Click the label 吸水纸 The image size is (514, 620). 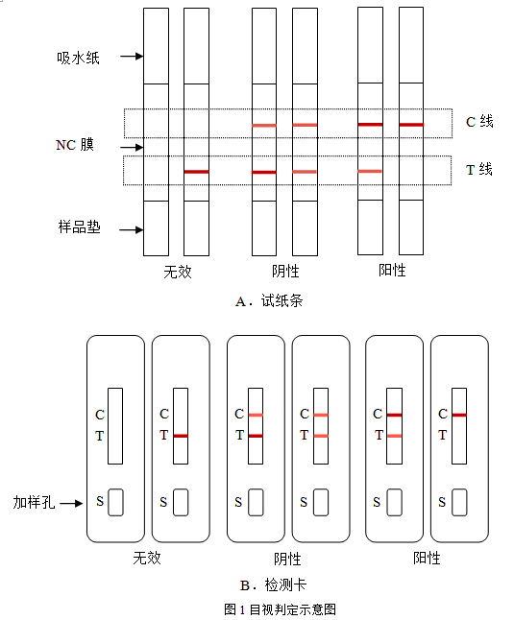pyautogui.click(x=78, y=58)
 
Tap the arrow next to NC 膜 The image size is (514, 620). pyautogui.click(x=132, y=147)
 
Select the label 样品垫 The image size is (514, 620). pyautogui.click(x=79, y=227)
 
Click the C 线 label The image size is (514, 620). pyautogui.click(x=479, y=121)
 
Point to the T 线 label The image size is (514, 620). pyautogui.click(x=479, y=169)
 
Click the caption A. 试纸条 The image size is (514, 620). pyautogui.click(x=269, y=301)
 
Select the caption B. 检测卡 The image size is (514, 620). pyautogui.click(x=273, y=584)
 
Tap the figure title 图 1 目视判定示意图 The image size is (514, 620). pyautogui.click(x=281, y=609)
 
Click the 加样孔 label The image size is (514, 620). pyautogui.click(x=34, y=502)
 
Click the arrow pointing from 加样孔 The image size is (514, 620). pyautogui.click(x=71, y=503)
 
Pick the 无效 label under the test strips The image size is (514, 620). pyautogui.click(x=178, y=272)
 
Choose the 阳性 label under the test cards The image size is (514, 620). pyautogui.click(x=427, y=558)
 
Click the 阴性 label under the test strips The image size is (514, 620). pyautogui.click(x=285, y=271)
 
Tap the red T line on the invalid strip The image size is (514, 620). pyautogui.click(x=197, y=172)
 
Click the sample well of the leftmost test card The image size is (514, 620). pyautogui.click(x=115, y=502)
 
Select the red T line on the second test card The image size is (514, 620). pyautogui.click(x=181, y=436)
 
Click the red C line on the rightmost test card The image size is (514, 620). pyautogui.click(x=459, y=415)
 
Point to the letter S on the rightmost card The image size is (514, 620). pyautogui.click(x=442, y=502)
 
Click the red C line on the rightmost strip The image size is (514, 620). pyautogui.click(x=411, y=125)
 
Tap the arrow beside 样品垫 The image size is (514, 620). pyautogui.click(x=132, y=229)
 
